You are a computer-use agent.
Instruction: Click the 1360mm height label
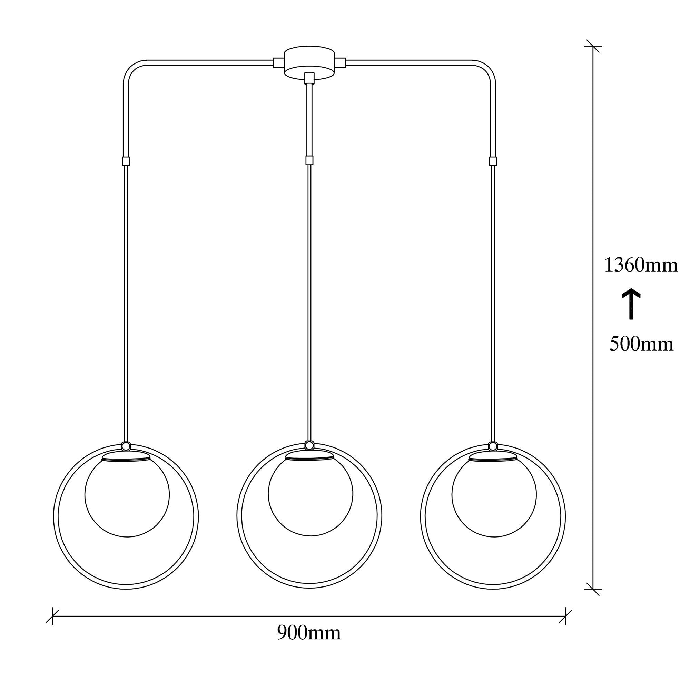641,265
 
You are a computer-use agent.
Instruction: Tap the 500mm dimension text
641,344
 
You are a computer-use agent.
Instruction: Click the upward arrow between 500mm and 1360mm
631,304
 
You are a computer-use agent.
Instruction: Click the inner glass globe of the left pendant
127,495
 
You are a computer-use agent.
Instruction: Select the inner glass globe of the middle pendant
310,495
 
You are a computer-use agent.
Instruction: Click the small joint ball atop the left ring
126,446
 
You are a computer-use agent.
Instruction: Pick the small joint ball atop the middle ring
309,445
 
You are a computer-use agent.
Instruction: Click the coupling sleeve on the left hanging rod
126,161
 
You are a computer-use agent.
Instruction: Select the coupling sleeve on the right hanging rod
493,161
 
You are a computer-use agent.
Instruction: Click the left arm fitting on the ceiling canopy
278,63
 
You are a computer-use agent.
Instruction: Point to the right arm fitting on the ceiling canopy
341,63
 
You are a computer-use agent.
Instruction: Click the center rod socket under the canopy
309,78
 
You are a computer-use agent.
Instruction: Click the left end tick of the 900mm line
52,616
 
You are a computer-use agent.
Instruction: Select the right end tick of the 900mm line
565,616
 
